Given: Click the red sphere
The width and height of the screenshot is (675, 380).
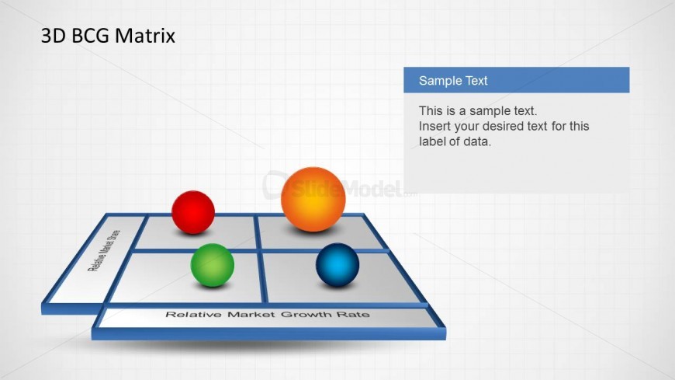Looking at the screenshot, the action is pos(193,212).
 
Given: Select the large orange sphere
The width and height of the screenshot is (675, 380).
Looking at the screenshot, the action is pos(313,199).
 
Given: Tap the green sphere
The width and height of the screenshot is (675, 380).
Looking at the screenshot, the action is pos(213,265).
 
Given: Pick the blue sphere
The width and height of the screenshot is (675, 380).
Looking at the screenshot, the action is pos(337,265).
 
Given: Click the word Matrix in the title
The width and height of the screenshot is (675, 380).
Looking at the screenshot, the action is pos(145,36).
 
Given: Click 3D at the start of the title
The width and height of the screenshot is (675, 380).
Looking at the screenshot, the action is pos(54,36).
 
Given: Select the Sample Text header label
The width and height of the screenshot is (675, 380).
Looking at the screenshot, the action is pos(453,81).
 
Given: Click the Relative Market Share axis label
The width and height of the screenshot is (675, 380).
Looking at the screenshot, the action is pos(104,250).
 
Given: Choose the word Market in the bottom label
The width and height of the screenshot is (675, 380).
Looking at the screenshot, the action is pos(251,315).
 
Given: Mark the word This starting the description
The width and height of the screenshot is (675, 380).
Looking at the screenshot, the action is pos(431,111).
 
